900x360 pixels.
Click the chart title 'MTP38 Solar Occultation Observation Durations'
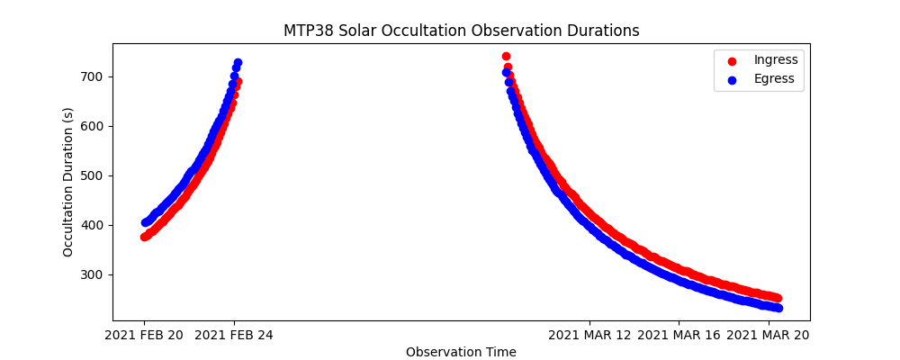(x=461, y=31)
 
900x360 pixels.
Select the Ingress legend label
(x=775, y=60)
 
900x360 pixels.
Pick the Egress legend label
(x=774, y=79)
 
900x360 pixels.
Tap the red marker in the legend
(x=732, y=61)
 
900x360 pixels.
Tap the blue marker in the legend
(x=732, y=80)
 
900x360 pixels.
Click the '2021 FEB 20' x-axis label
(x=144, y=335)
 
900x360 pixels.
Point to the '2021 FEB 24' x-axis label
(x=234, y=335)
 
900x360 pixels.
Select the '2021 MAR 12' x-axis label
(x=589, y=335)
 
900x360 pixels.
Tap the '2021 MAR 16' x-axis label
(x=679, y=335)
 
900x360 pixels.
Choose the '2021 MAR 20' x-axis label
(x=768, y=335)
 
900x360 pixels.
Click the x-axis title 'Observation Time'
(x=461, y=352)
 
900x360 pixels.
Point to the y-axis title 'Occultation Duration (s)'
(x=68, y=182)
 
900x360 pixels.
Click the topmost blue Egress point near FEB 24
(x=238, y=63)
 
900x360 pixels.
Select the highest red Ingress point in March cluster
(x=506, y=56)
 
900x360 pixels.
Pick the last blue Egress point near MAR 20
(x=778, y=308)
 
